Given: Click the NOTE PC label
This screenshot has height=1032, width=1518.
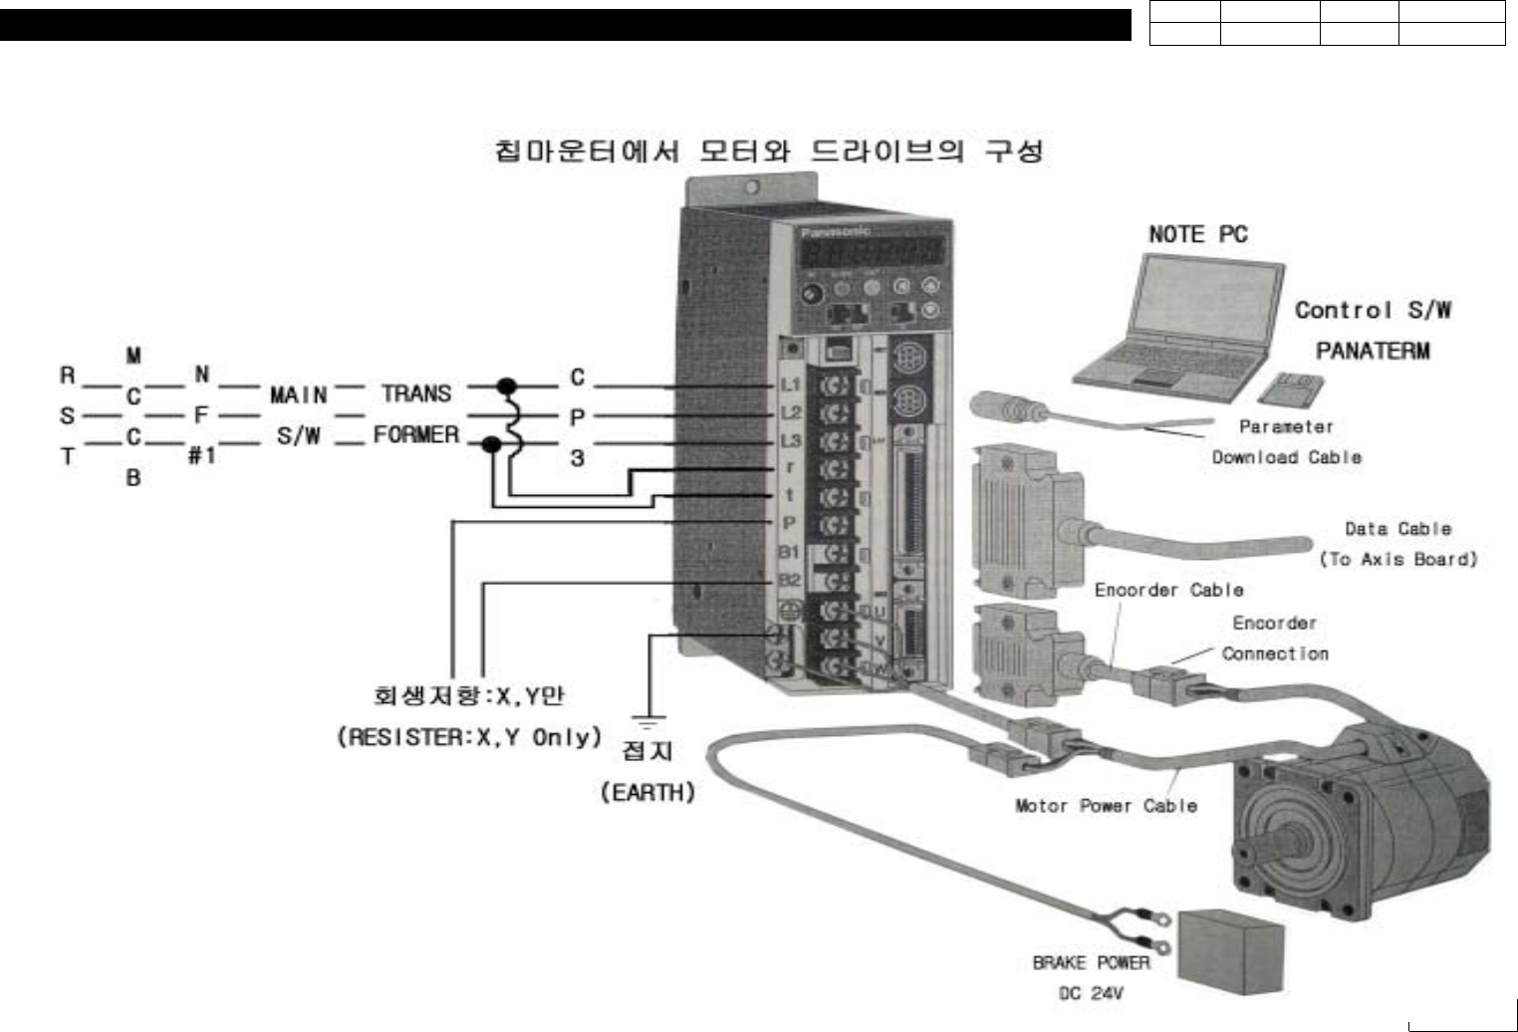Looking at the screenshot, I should coord(1197,234).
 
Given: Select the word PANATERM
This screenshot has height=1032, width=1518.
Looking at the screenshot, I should coord(1373,351).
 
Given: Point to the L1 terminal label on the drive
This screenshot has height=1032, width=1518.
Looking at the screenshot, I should coord(790,385).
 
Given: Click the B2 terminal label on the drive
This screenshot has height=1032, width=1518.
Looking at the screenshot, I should coord(789,580).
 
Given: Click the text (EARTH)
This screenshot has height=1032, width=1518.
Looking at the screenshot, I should coord(647,792).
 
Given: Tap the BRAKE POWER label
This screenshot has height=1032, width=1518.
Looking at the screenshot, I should coord(1091,962).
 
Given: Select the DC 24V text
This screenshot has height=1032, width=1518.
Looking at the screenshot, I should coord(1091,993).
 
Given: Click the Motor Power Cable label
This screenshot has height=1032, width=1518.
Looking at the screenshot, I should coord(1106,806).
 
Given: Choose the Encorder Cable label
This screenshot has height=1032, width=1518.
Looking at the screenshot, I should coord(1168,590).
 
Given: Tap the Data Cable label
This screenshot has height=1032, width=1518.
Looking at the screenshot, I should coord(1397,529).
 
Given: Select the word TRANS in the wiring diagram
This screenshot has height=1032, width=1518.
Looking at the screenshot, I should coord(416,393).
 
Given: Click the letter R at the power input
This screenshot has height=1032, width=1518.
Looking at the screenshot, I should coord(68,376).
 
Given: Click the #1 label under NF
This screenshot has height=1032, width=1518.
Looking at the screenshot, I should coord(201,455).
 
